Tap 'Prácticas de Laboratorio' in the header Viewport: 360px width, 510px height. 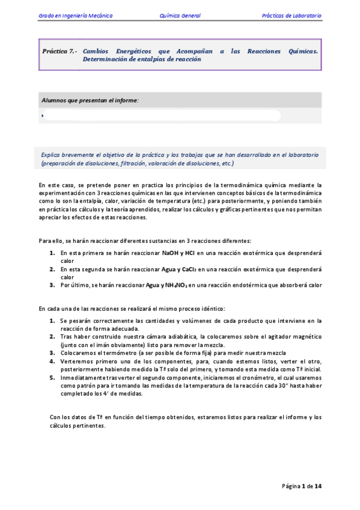291,15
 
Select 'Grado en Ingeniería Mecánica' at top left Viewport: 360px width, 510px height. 75,15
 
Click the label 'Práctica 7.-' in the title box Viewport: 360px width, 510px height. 59,52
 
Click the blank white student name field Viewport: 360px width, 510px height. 162,115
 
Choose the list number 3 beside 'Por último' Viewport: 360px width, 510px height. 52,284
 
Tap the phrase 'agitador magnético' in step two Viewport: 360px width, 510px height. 296,337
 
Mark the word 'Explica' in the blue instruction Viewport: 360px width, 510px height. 51,155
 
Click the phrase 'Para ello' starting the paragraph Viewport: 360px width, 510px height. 52,241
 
